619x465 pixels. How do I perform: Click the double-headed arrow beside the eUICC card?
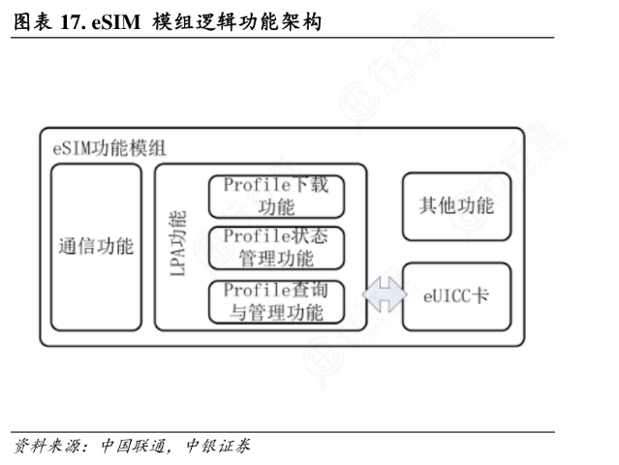[383, 294]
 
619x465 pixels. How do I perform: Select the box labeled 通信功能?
[96, 246]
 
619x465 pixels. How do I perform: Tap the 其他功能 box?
[456, 206]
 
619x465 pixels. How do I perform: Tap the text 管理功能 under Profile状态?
[277, 259]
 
